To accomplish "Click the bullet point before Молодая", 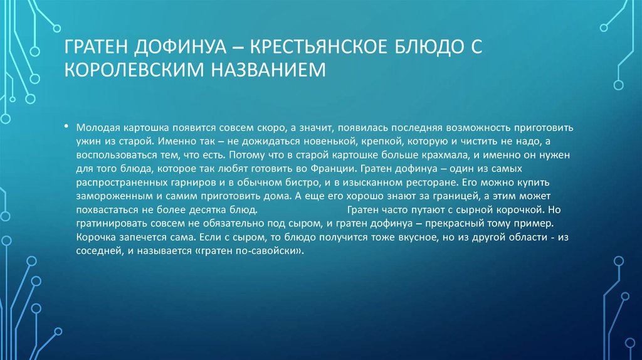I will click(66, 125).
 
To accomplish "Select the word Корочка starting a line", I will click(96, 239).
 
